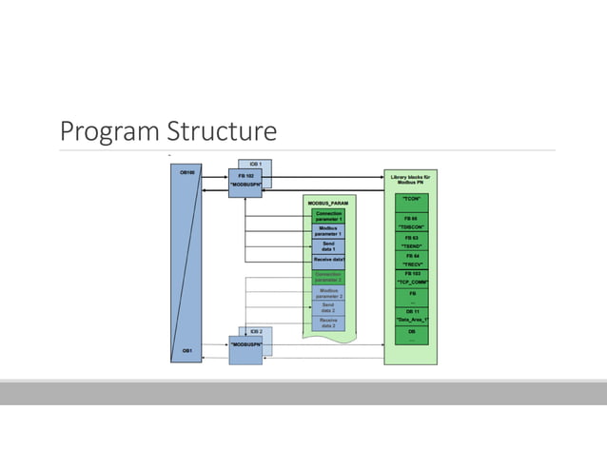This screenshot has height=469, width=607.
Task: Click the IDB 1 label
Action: pyautogui.click(x=256, y=164)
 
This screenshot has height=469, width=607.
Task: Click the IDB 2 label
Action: pyautogui.click(x=256, y=330)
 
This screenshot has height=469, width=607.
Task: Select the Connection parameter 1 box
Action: pyautogui.click(x=328, y=217)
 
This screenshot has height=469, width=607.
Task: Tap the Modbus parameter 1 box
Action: pyautogui.click(x=328, y=231)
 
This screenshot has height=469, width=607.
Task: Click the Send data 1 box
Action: pyautogui.click(x=328, y=245)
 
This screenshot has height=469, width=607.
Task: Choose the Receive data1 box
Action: pyautogui.click(x=328, y=259)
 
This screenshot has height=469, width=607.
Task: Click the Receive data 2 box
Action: pyautogui.click(x=328, y=323)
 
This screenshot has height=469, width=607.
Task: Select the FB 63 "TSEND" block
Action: pyautogui.click(x=411, y=241)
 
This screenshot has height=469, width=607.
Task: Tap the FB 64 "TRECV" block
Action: pyautogui.click(x=411, y=259)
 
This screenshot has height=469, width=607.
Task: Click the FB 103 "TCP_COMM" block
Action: pyautogui.click(x=411, y=277)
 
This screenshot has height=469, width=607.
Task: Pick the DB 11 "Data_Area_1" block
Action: pyautogui.click(x=411, y=315)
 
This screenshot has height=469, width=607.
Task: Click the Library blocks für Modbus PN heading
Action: pyautogui.click(x=411, y=179)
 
